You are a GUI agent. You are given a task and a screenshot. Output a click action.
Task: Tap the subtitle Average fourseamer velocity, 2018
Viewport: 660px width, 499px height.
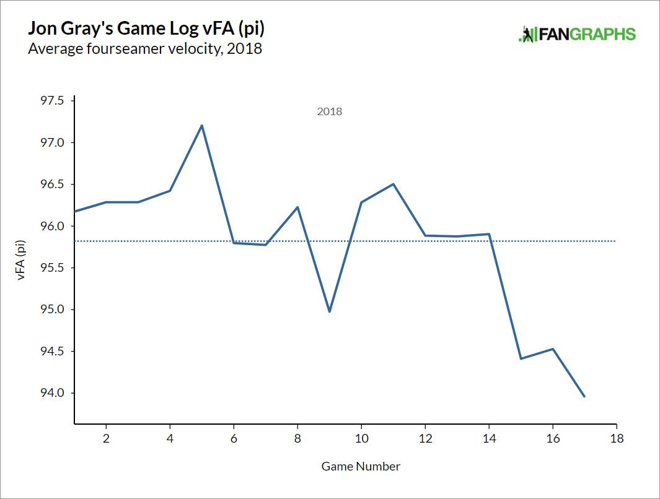click(x=145, y=49)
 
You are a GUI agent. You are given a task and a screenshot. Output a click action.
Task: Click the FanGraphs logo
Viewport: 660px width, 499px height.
click(x=577, y=34)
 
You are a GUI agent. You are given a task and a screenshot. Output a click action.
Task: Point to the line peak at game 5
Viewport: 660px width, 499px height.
click(x=202, y=126)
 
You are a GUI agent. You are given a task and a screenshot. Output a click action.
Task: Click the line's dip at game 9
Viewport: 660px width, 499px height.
click(x=329, y=311)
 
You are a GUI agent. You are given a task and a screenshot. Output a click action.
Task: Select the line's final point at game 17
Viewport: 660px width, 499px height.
click(x=584, y=397)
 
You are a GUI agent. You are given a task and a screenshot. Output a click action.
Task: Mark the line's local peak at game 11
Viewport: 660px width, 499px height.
click(x=393, y=184)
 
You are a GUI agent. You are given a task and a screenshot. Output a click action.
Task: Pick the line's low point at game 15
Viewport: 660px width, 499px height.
click(x=521, y=358)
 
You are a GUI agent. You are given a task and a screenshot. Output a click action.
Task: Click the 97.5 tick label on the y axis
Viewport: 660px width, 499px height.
click(x=52, y=101)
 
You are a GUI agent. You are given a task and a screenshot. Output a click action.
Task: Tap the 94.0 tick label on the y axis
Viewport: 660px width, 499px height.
click(x=52, y=393)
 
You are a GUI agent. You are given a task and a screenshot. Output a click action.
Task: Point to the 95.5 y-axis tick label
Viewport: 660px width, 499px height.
click(x=52, y=268)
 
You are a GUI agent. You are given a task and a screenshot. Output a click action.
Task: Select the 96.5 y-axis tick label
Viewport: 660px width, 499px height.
click(x=52, y=184)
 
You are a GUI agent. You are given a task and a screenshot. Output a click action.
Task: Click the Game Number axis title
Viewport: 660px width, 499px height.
click(x=361, y=466)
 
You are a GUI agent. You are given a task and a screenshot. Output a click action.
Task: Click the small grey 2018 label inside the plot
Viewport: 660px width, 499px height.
click(x=329, y=112)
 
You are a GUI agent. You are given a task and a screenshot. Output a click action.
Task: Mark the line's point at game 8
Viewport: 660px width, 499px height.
click(x=297, y=207)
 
